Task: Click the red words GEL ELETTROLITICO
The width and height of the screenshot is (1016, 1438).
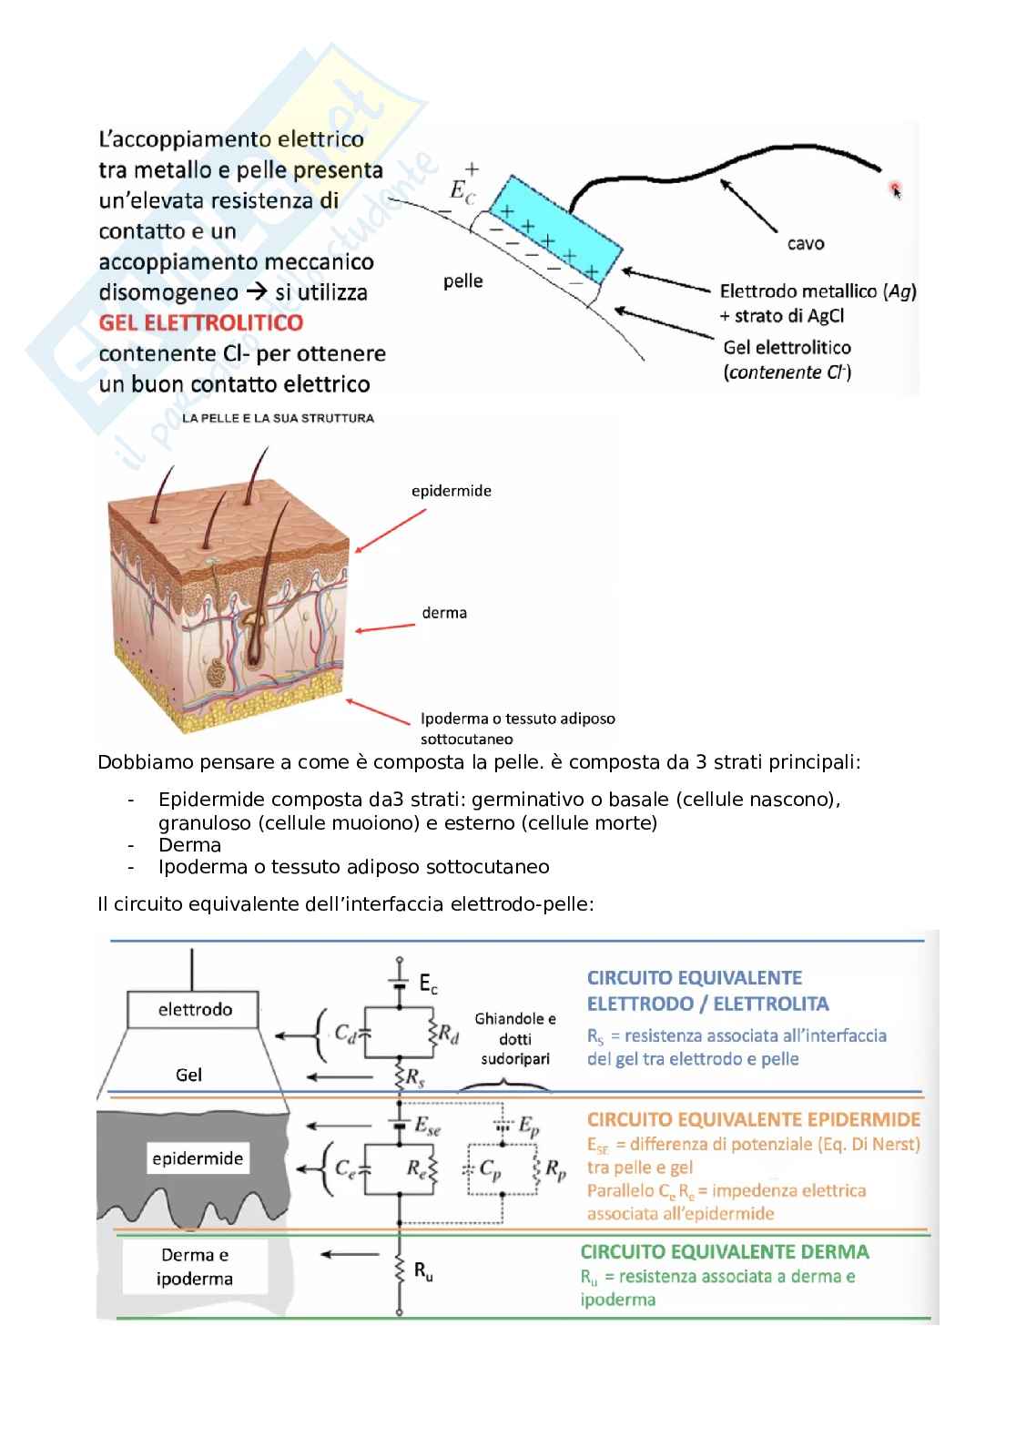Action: [201, 322]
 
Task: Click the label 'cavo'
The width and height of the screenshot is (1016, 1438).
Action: [806, 243]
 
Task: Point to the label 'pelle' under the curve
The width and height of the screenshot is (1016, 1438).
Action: [462, 281]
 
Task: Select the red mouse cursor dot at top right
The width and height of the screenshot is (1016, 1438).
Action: [895, 189]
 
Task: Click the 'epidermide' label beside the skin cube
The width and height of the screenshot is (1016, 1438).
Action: [452, 491]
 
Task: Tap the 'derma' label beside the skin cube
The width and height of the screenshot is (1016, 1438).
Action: [444, 613]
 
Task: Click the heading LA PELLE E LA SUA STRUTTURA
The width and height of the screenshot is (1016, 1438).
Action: [279, 418]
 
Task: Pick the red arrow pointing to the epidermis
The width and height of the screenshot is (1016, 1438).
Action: [391, 530]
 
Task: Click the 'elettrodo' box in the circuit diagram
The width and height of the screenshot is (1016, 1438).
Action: [195, 1009]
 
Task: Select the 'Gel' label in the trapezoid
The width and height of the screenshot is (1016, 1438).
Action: [188, 1075]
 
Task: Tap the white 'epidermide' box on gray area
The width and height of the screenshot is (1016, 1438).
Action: [198, 1158]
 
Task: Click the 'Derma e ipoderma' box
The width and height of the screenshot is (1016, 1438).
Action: [195, 1267]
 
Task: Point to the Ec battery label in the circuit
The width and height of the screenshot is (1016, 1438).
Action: [428, 984]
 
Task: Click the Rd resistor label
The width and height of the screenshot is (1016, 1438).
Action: [449, 1033]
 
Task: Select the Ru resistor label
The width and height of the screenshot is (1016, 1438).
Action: [423, 1272]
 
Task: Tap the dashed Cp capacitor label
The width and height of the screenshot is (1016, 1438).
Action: [490, 1170]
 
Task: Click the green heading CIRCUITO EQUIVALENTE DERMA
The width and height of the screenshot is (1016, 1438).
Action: [725, 1251]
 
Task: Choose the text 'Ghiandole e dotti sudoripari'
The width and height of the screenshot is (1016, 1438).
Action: [514, 1039]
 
